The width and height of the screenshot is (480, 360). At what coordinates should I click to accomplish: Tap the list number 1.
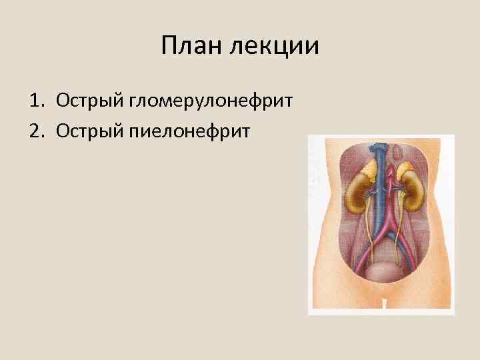(35, 101)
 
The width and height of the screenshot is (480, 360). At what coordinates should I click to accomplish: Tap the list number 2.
(35, 131)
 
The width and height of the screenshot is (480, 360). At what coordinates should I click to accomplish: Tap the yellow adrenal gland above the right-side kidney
(404, 174)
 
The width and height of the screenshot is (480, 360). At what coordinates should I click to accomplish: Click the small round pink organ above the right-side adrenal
(399, 154)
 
